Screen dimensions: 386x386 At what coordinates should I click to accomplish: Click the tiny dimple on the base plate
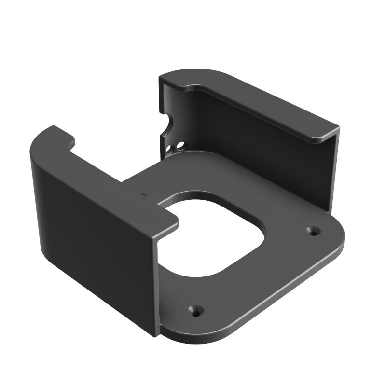[x=142, y=195]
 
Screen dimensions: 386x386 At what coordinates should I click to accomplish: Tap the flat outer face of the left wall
[x=92, y=232]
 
